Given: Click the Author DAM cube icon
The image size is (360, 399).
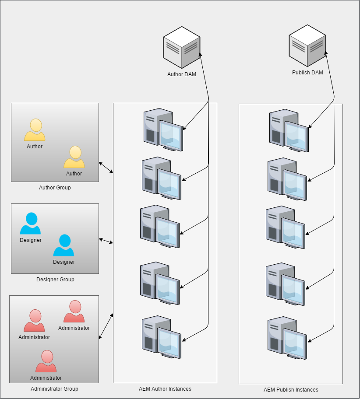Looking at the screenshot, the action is [182, 47].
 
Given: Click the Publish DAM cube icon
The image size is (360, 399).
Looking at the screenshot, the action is [307, 45].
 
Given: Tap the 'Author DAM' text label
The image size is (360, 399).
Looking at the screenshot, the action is [182, 74].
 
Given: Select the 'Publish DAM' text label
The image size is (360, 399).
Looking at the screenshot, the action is [307, 73].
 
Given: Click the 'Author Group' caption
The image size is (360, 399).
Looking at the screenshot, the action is [55, 188].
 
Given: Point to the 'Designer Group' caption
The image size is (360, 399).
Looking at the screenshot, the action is [55, 280].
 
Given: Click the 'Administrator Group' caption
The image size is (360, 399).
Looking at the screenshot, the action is [54, 389].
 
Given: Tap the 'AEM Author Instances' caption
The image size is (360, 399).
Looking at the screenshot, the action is [165, 389].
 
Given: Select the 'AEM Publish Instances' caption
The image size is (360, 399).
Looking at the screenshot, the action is [291, 389].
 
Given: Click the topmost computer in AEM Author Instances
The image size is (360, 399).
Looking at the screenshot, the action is [163, 130].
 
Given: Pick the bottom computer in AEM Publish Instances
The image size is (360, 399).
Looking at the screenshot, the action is [287, 338].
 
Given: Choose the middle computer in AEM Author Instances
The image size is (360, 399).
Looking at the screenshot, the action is [160, 227].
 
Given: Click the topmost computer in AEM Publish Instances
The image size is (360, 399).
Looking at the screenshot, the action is [289, 130].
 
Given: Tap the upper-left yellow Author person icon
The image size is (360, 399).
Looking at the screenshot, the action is [35, 130].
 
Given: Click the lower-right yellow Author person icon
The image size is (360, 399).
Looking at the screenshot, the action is [74, 157].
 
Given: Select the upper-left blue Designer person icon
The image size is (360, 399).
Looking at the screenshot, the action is [30, 224].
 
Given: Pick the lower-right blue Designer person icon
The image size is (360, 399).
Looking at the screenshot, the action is [64, 245].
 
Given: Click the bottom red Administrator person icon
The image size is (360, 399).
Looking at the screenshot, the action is [46, 361].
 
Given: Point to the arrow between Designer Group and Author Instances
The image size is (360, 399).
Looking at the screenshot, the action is [106, 241].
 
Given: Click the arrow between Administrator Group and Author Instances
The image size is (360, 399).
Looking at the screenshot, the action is [106, 326].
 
